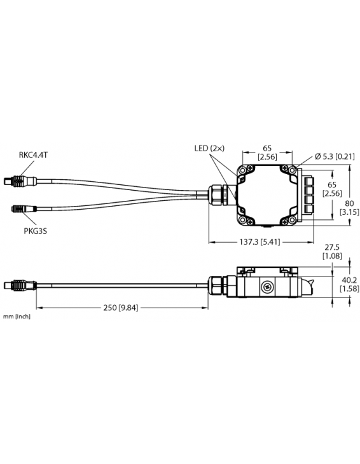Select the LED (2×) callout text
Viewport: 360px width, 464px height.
210,148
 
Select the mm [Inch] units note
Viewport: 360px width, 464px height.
17,316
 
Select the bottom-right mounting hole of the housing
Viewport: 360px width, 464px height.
290,220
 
